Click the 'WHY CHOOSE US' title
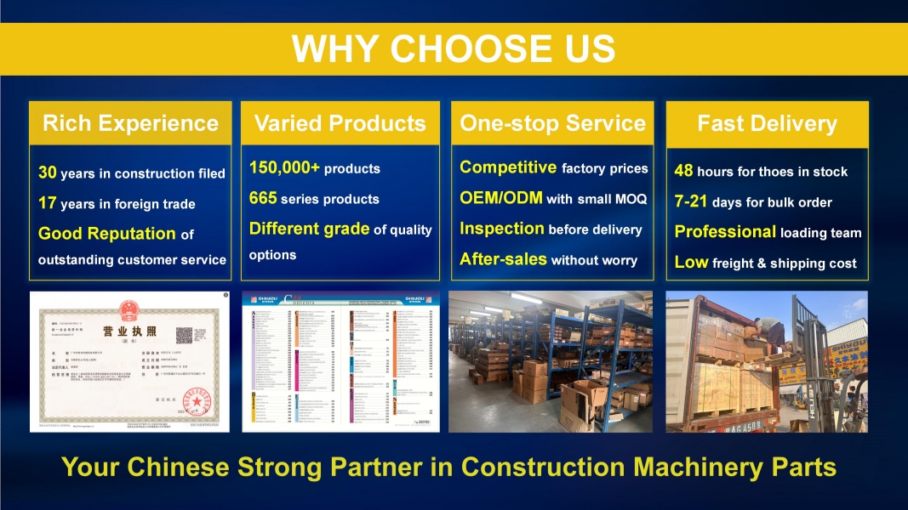point(454,48)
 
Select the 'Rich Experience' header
point(130,123)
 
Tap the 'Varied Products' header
point(340,123)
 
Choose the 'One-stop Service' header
point(552,123)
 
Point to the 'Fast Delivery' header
point(767,123)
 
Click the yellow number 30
point(48,173)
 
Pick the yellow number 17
point(48,203)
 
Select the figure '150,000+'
point(284,167)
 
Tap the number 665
point(263,198)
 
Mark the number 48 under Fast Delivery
point(683,171)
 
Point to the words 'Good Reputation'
point(107,233)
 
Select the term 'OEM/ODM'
point(501,198)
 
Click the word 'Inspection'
point(502,229)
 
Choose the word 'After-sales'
point(503,259)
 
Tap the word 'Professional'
point(725,232)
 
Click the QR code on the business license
point(187,333)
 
